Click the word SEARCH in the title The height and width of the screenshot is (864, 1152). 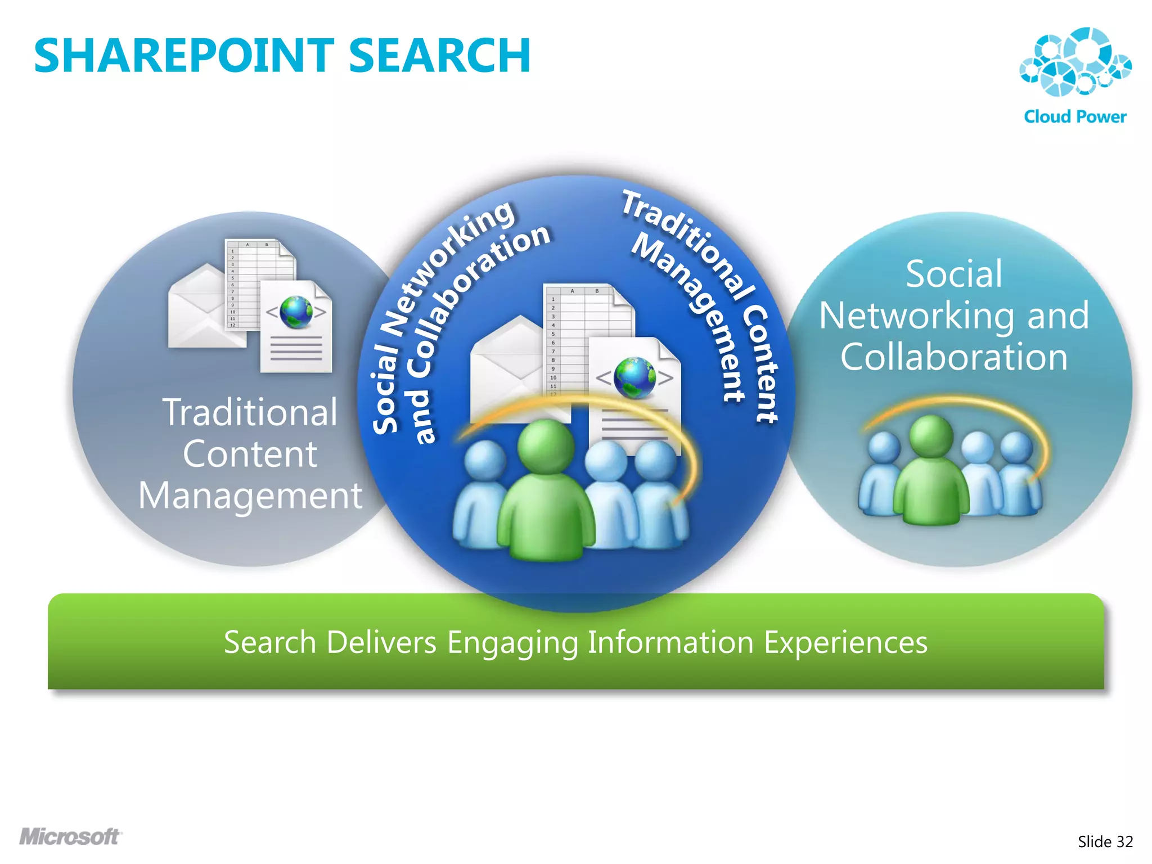coord(439,56)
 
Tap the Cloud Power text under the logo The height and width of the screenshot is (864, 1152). coord(1075,116)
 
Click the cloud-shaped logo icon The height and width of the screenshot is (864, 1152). coord(1075,62)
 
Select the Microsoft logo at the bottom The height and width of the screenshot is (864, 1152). coord(70,836)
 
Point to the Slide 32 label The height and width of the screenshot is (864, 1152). coord(1105,841)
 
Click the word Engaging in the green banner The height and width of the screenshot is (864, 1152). coord(512,642)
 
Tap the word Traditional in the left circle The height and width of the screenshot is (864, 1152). coord(250,412)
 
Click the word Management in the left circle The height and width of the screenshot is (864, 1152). coord(250,496)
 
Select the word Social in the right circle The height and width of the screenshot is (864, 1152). coord(954,274)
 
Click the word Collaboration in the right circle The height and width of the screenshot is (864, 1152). coord(954,357)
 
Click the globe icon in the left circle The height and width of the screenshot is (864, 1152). coord(296,312)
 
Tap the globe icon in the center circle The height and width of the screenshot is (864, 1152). coord(634,377)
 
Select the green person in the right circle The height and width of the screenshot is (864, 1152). coord(931,472)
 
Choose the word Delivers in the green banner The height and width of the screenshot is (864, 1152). coord(381,642)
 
